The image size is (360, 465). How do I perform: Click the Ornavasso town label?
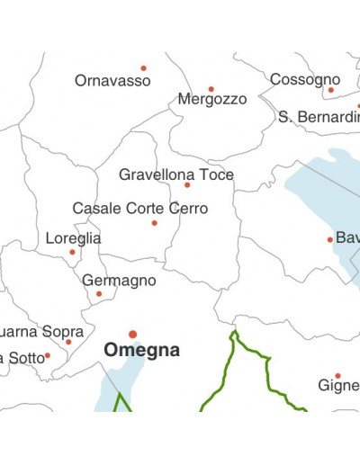click(x=112, y=81)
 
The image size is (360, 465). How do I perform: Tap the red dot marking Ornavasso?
click(x=143, y=67)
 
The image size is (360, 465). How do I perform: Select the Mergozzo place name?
click(x=212, y=100)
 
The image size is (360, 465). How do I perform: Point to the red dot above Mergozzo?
click(x=211, y=89)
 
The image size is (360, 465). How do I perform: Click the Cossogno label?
click(x=305, y=79)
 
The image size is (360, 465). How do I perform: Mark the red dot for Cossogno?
click(x=330, y=90)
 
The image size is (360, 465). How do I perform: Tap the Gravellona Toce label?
click(x=176, y=174)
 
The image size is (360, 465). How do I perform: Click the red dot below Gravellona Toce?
click(x=187, y=185)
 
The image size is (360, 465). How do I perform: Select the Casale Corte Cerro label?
click(x=139, y=209)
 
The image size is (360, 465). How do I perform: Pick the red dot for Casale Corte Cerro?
click(x=154, y=223)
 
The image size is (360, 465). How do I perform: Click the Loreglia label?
click(x=73, y=238)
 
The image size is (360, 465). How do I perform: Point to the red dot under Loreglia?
click(x=73, y=252)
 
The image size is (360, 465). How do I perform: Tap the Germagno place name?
click(x=119, y=281)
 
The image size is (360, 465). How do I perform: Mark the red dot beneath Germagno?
click(x=99, y=293)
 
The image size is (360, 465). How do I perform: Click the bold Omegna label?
click(x=142, y=351)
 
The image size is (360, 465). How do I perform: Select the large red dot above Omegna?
click(x=132, y=334)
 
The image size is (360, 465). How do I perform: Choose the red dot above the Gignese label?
click(x=337, y=375)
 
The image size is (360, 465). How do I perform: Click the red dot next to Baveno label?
click(x=329, y=239)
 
